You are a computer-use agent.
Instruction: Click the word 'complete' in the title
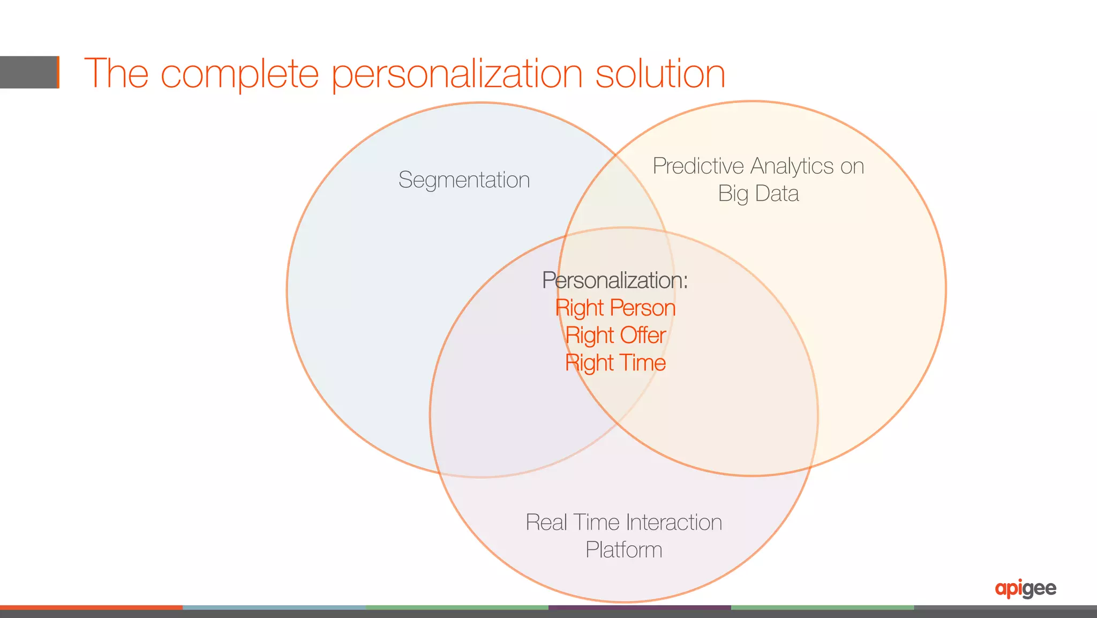tap(239, 74)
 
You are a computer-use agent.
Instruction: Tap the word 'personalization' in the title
tap(457, 74)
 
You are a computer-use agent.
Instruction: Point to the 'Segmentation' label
tap(464, 180)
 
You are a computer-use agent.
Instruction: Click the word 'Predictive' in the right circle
tap(698, 166)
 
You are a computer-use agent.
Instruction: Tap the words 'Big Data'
tap(758, 193)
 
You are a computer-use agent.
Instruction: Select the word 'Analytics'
tap(792, 166)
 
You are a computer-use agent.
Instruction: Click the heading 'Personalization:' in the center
tap(615, 280)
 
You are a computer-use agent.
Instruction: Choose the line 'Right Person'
tap(615, 308)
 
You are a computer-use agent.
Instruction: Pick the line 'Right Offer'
tap(615, 336)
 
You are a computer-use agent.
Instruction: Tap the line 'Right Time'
tap(615, 363)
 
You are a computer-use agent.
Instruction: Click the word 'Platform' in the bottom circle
tap(623, 550)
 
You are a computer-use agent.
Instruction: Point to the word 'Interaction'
tap(674, 523)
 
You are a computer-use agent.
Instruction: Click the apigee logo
tap(1025, 589)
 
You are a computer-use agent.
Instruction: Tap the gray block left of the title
tap(28, 72)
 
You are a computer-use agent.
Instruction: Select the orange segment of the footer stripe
tap(91, 607)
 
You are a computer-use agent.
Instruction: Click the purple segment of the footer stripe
tap(640, 607)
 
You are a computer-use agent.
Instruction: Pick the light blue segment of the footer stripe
tap(274, 607)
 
